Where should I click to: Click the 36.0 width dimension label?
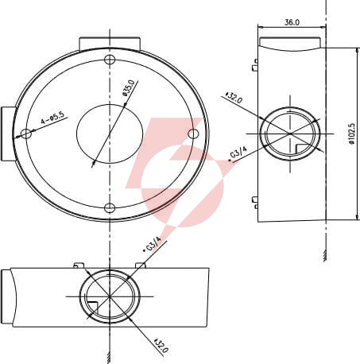(292, 22)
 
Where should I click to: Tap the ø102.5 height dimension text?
(352, 134)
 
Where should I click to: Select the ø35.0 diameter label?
(130, 87)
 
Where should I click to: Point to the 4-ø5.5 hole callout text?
(52, 118)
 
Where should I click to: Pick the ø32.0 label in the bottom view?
(161, 345)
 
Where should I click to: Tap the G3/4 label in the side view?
(238, 153)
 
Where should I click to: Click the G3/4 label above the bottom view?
(152, 244)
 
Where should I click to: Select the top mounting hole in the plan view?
(110, 60)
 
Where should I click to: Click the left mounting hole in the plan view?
(26, 134)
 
